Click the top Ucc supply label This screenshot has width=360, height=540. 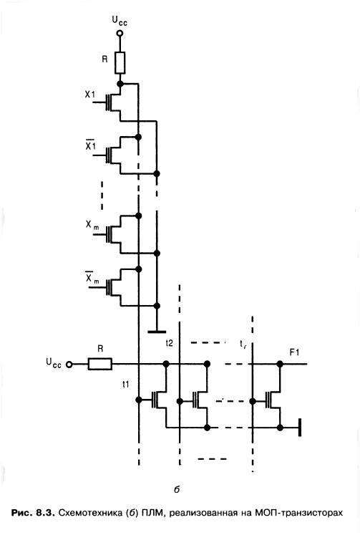(x=120, y=21)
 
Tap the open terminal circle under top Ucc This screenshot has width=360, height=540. (x=120, y=34)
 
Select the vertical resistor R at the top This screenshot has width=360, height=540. (x=120, y=63)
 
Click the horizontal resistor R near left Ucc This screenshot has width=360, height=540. (x=99, y=364)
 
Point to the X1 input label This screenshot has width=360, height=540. (x=90, y=94)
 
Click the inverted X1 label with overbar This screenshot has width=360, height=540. (x=90, y=145)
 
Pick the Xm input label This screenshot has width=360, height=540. (x=92, y=225)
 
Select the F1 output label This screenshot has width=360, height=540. (x=294, y=352)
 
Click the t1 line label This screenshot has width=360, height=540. (x=126, y=384)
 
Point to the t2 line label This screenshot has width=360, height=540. (x=169, y=342)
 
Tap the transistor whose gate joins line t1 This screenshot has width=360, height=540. (x=158, y=400)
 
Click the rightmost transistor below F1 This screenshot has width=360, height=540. (x=273, y=400)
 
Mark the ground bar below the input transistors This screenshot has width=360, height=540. (x=157, y=332)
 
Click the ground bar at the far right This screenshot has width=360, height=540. (x=300, y=428)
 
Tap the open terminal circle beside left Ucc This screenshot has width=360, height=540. (x=69, y=365)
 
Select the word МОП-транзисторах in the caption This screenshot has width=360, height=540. (x=299, y=513)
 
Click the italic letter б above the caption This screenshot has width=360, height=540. (x=177, y=488)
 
